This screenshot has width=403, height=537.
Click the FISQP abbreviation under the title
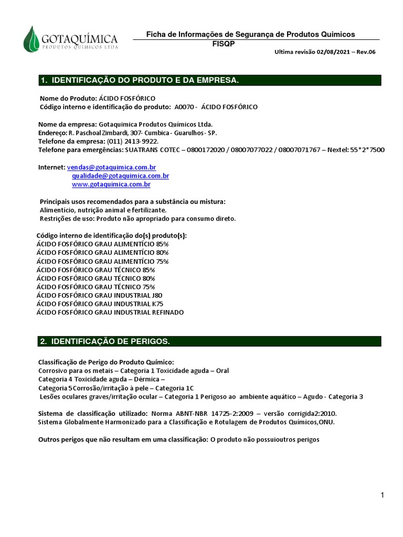pos(220,44)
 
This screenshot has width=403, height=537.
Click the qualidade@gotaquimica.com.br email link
pos(120,176)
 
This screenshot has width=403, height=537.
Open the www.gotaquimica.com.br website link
pos(111,185)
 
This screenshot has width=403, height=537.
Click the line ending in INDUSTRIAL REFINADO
pos(110,312)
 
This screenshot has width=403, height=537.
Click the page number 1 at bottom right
pos(383,496)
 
